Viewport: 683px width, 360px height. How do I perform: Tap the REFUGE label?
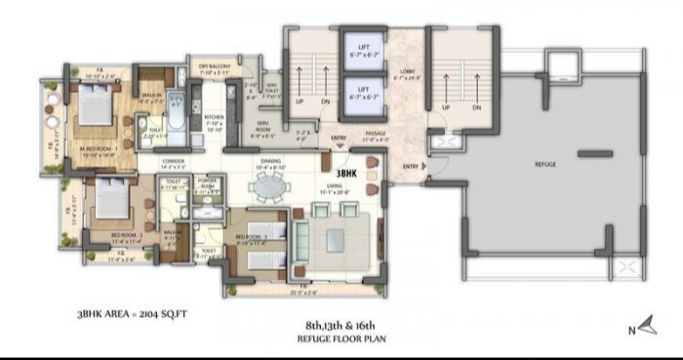545,164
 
